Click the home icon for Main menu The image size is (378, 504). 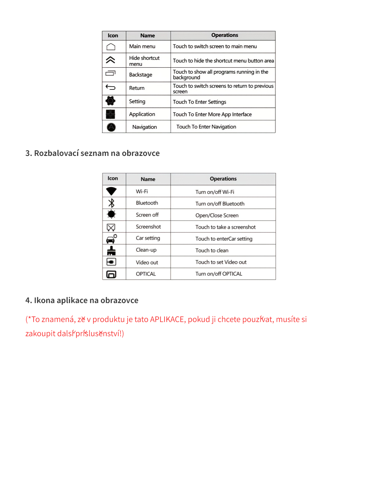111,47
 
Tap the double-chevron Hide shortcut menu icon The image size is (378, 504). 111,60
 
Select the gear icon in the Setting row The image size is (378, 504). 111,101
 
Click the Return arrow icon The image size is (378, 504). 111,87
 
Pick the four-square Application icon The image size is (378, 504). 111,114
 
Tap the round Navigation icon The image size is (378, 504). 111,127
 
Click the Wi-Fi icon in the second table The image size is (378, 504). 111,191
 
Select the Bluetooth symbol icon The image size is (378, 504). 111,203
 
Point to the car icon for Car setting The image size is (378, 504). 111,239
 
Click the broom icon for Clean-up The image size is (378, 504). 111,251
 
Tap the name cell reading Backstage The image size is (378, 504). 140,75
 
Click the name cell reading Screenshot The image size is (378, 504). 148,227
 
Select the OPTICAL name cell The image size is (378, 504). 146,274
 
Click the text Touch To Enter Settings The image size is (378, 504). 199,102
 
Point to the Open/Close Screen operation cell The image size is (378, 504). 217,215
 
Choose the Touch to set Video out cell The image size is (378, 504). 221,262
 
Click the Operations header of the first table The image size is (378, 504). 225,35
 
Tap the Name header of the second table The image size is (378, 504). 148,179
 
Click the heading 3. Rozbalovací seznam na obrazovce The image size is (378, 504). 93,153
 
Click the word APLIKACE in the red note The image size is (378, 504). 167,319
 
